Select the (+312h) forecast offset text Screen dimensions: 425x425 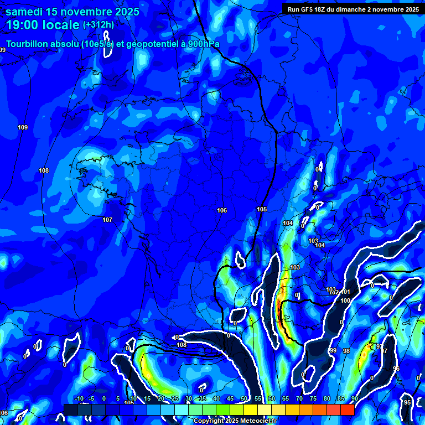[99, 25]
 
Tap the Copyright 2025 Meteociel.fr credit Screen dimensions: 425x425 [235, 421]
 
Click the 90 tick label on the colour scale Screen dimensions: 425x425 [354, 399]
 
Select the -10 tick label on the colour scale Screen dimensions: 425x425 [79, 399]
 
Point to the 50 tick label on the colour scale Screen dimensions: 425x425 [243, 399]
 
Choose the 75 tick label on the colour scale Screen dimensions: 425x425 [313, 399]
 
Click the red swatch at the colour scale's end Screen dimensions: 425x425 [347, 410]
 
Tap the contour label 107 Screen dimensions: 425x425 [107, 220]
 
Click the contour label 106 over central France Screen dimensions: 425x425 [222, 210]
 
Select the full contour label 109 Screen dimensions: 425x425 [23, 128]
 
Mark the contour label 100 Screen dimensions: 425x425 [345, 300]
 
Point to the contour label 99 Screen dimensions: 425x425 [333, 351]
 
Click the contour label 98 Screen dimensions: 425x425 [346, 351]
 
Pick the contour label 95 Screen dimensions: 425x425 [408, 402]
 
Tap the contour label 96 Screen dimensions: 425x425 [396, 369]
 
